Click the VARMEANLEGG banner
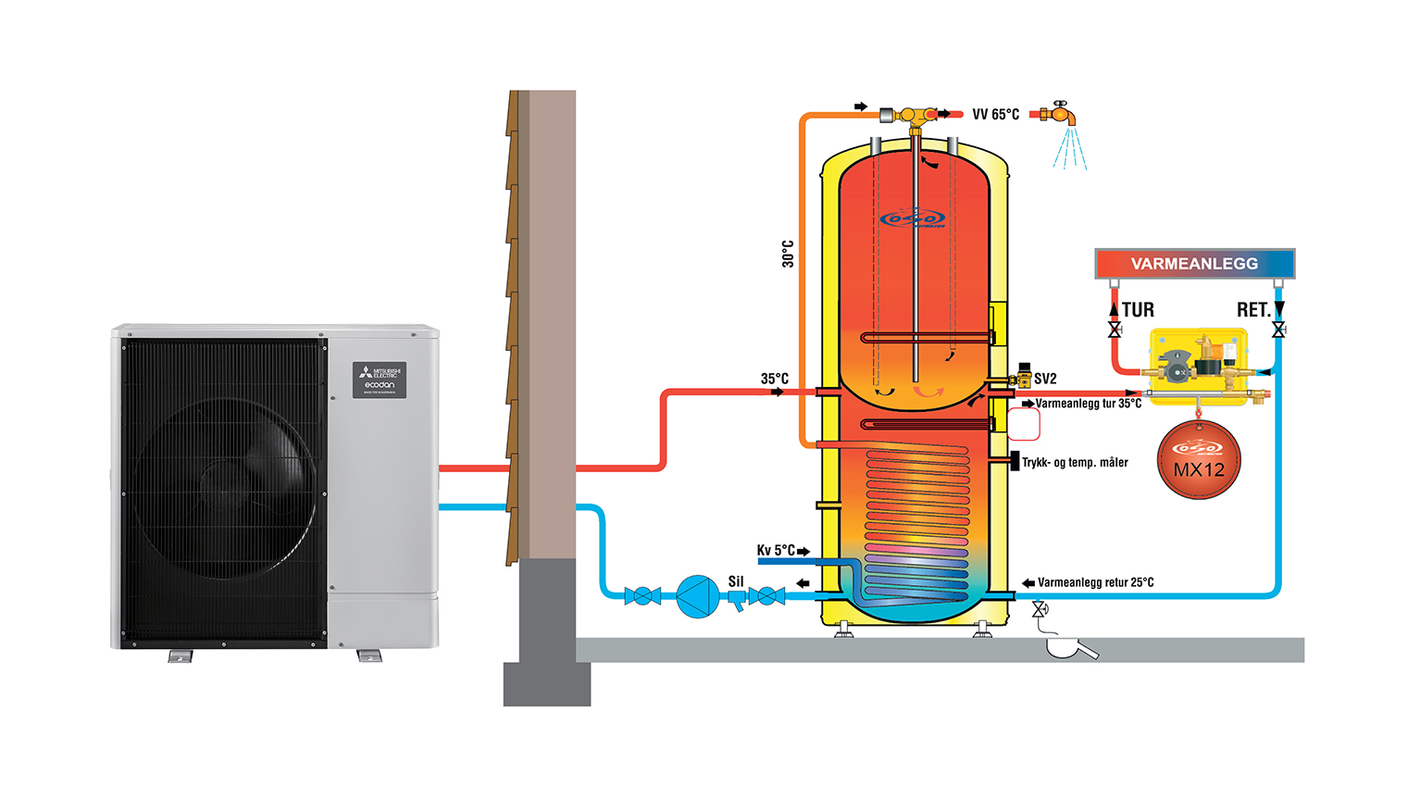pyautogui.click(x=1194, y=264)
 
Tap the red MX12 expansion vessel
pyautogui.click(x=1199, y=460)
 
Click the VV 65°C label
pyautogui.click(x=995, y=115)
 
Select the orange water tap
pyautogui.click(x=1059, y=114)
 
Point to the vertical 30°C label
pyautogui.click(x=788, y=254)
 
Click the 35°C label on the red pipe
pyautogui.click(x=774, y=379)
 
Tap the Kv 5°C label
pyautogui.click(x=776, y=550)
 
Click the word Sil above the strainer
pyautogui.click(x=736, y=581)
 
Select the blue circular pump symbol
pyautogui.click(x=697, y=596)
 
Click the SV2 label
pyautogui.click(x=1045, y=379)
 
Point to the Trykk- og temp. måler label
pyautogui.click(x=1075, y=462)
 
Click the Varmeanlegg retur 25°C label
pyautogui.click(x=1095, y=582)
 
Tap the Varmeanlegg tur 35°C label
pyautogui.click(x=1088, y=404)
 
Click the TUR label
pyautogui.click(x=1138, y=310)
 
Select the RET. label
pyautogui.click(x=1252, y=310)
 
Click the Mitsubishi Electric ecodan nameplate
pyautogui.click(x=380, y=380)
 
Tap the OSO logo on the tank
pyautogui.click(x=913, y=218)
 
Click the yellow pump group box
pyautogui.click(x=1199, y=363)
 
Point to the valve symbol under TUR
pyautogui.click(x=1115, y=331)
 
